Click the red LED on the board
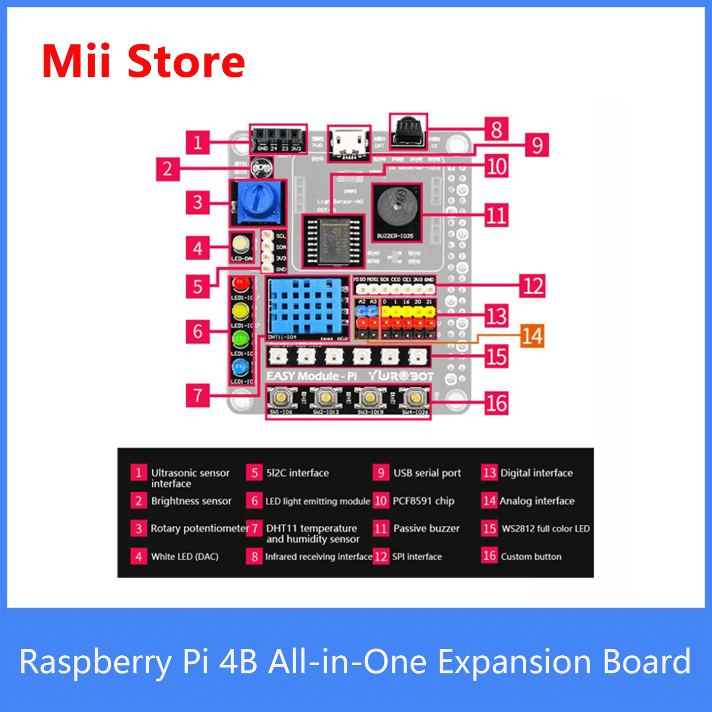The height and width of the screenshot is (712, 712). [x=241, y=283]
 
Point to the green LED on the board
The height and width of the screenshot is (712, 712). [x=241, y=339]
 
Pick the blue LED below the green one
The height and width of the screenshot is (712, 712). [x=241, y=367]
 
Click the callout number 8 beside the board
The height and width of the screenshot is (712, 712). [x=497, y=130]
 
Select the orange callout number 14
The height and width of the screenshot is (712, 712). [x=533, y=336]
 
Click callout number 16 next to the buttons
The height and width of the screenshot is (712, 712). [x=496, y=404]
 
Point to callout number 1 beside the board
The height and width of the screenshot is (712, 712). [x=198, y=143]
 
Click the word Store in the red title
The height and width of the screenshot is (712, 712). [x=186, y=62]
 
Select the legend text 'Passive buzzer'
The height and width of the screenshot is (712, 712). [x=426, y=529]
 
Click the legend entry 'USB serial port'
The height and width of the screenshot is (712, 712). [x=427, y=473]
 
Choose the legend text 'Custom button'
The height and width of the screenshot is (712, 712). [x=531, y=557]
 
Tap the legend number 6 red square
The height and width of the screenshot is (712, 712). [x=254, y=501]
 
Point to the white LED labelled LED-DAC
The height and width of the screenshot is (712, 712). [x=241, y=244]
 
